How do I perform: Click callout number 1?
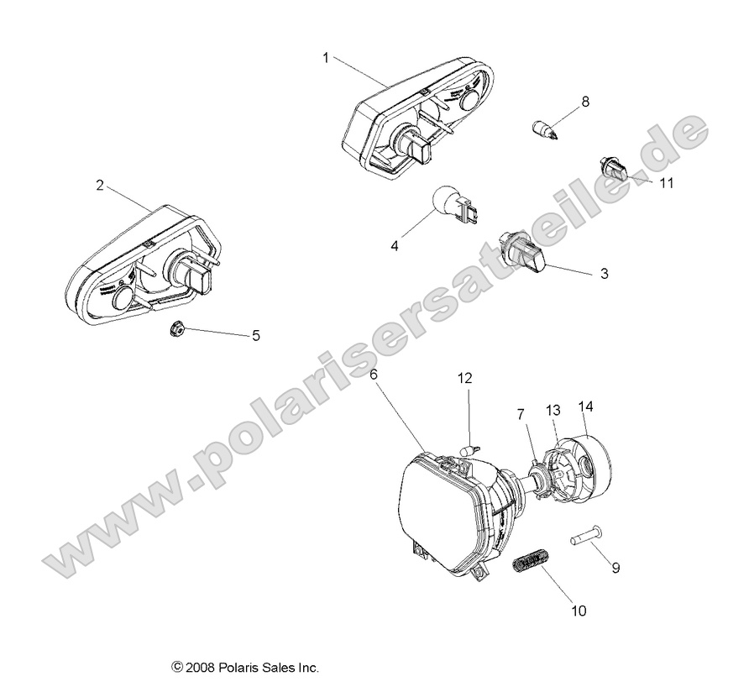tap(326, 57)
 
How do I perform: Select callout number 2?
tap(100, 186)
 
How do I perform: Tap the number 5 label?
tap(256, 336)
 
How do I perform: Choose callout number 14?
tap(585, 406)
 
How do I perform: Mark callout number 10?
tap(578, 611)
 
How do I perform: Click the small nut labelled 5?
tap(177, 328)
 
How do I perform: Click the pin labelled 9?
tap(586, 535)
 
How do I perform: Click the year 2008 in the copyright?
tap(201, 669)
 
